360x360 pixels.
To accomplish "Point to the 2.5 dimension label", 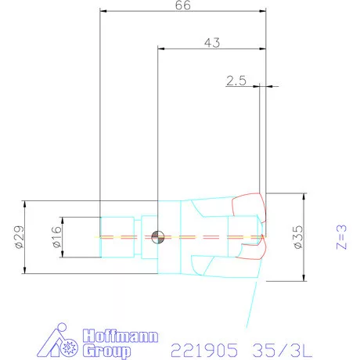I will point(236,80).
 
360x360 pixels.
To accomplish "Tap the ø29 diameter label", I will point(20,237).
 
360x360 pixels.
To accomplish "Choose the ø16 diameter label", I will point(56,237).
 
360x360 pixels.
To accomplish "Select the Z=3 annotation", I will point(340,236).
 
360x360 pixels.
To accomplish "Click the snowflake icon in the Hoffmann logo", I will point(77,345).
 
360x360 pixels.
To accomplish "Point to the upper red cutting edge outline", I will point(250,207).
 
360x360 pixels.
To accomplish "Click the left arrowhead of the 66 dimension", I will point(104,12).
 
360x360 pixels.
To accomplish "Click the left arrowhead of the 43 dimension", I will point(162,49).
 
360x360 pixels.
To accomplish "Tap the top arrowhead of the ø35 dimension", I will point(303,195).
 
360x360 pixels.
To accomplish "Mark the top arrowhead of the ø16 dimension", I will point(63,218).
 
